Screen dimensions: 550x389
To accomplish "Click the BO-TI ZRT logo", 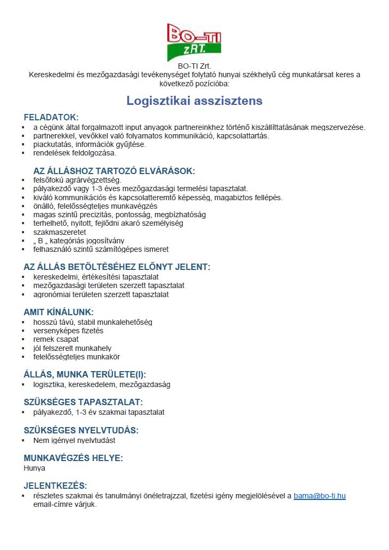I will [194, 42].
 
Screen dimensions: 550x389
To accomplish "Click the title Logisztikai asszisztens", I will [194, 101].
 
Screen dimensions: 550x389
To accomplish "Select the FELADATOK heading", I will [51, 117].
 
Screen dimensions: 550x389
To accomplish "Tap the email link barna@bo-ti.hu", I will [319, 496].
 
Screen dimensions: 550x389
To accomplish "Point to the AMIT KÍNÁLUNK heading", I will [59, 312].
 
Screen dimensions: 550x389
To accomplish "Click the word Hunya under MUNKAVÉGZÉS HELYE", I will [35, 469].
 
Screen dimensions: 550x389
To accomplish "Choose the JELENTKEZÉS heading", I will [55, 486].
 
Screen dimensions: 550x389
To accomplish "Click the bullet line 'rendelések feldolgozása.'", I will [75, 153].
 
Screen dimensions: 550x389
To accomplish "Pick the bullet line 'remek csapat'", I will [56, 339].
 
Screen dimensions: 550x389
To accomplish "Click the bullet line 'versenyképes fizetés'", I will [68, 331].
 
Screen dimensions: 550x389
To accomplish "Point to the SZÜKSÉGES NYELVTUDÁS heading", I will [81, 430].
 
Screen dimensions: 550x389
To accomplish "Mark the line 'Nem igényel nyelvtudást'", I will [74, 440].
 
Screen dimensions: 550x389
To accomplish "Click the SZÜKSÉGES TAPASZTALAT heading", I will [83, 402].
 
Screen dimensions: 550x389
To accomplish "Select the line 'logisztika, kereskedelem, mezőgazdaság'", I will [102, 384].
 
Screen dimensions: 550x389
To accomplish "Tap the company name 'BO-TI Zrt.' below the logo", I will [194, 66].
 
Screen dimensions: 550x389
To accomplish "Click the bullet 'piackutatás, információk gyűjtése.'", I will [90, 144].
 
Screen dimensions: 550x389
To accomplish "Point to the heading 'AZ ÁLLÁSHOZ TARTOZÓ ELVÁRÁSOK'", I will [114, 171].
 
